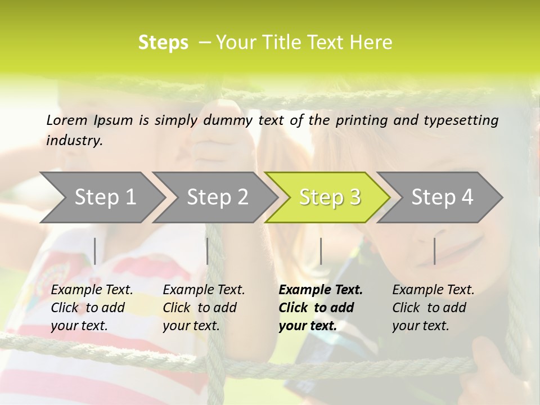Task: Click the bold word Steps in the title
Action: coord(163,43)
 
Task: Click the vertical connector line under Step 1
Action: coord(95,251)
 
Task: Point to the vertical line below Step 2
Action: coord(208,251)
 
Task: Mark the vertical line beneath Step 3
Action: coord(321,251)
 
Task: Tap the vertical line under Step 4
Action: coord(435,251)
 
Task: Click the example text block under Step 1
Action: coord(92,308)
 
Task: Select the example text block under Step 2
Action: coord(204,308)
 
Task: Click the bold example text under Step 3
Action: coord(321,308)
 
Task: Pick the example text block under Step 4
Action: coord(433,308)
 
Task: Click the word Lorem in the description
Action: coord(67,120)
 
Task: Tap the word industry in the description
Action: coord(74,141)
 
